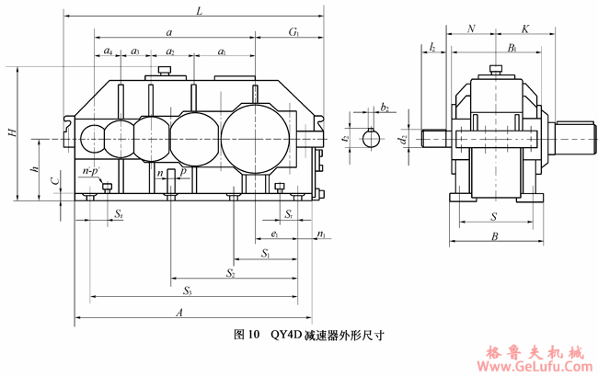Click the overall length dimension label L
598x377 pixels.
coord(199,10)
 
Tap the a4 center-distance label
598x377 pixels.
coord(109,51)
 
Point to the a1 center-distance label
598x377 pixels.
coord(224,51)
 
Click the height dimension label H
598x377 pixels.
coord(12,132)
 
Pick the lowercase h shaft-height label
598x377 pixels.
coord(33,170)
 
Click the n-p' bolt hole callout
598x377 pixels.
coord(90,171)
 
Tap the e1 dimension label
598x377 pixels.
coord(275,235)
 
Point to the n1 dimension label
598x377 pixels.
coord(320,235)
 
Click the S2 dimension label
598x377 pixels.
coord(230,272)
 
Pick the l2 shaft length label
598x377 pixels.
coord(431,45)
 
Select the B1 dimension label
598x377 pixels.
coord(512,45)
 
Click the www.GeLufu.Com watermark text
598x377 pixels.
coord(531,365)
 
